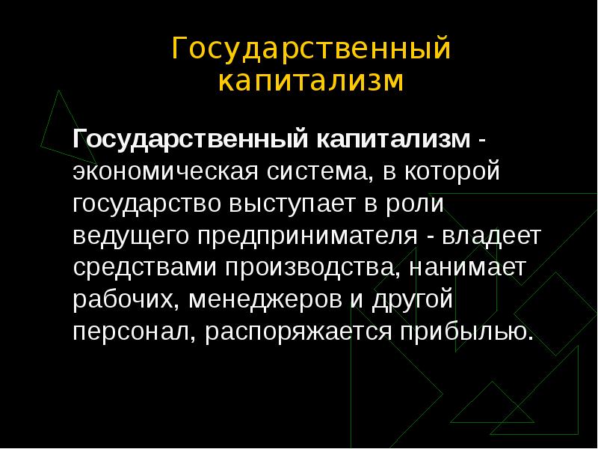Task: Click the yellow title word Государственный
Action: pyautogui.click(x=311, y=50)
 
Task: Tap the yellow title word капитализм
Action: pyautogui.click(x=311, y=80)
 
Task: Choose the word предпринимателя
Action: pyautogui.click(x=306, y=236)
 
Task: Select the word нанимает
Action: pyautogui.click(x=462, y=268)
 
